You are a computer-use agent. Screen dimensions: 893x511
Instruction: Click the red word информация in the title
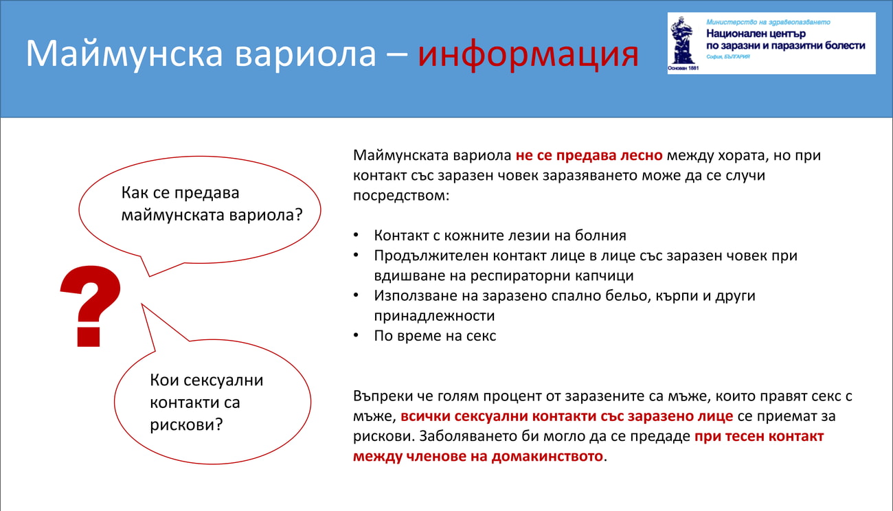(528, 54)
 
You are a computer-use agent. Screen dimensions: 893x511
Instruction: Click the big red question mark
(91, 306)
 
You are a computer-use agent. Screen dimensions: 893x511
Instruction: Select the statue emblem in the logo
(683, 41)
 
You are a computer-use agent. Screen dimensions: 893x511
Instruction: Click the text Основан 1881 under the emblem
(683, 68)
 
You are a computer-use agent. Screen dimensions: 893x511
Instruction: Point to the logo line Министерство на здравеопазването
(768, 22)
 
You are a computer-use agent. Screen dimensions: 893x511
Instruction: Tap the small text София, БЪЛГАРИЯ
(728, 56)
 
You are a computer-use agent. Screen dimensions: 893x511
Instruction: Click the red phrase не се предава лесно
(589, 155)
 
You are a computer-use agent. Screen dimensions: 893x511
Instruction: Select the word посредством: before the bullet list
(401, 196)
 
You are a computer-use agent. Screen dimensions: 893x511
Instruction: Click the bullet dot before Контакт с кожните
(356, 235)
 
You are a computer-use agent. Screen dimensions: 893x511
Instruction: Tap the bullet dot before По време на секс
(356, 335)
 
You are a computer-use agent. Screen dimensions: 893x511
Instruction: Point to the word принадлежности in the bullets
(434, 316)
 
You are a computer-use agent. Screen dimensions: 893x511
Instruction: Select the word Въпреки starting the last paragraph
(383, 396)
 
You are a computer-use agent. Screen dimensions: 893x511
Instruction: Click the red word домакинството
(547, 456)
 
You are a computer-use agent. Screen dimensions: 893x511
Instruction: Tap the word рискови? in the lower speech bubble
(186, 424)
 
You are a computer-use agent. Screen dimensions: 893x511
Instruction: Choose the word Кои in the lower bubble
(164, 381)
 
